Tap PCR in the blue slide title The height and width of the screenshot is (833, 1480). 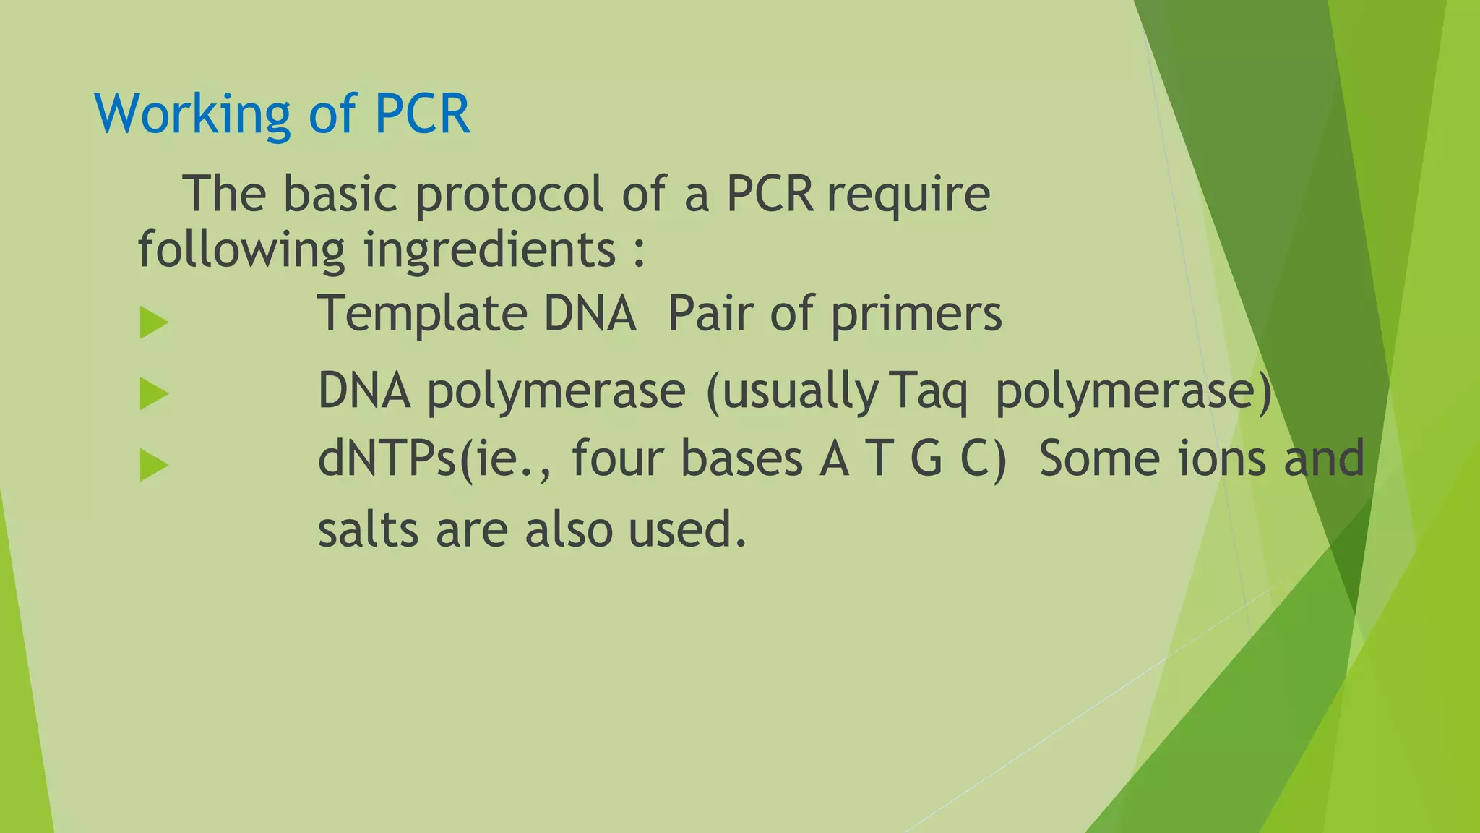423,114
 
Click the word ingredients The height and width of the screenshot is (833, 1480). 489,250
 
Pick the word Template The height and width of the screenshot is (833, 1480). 423,314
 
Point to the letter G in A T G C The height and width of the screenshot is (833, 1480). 926,459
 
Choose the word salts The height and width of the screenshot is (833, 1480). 369,529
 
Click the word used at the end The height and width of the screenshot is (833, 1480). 687,529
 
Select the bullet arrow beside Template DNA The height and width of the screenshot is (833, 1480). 154,322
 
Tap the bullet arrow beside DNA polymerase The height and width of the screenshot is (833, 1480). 154,394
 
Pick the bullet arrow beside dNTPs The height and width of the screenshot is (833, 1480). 154,465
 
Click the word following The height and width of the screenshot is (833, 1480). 241,250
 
